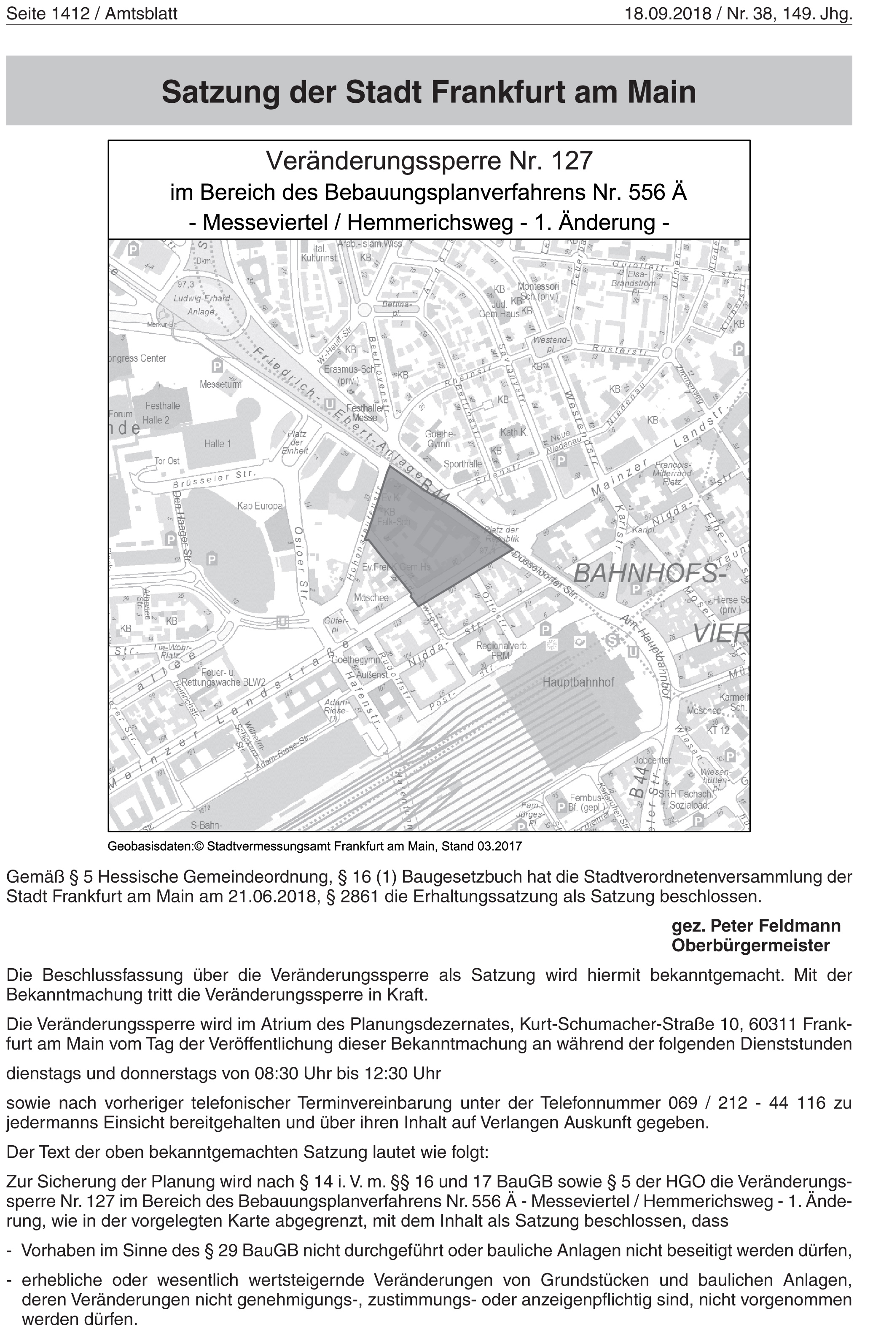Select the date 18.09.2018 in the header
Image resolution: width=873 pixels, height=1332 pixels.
(668, 13)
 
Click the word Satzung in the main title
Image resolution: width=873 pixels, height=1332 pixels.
(220, 92)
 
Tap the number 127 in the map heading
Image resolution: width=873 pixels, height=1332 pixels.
(571, 161)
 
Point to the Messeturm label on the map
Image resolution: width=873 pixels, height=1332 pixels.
(220, 384)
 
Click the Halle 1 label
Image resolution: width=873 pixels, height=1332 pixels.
(218, 444)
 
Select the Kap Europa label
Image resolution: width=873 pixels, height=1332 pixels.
(260, 506)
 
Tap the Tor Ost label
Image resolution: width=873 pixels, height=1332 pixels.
(167, 461)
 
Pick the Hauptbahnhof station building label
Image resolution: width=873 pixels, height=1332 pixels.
(578, 683)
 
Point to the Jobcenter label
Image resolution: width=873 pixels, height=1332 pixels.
(653, 760)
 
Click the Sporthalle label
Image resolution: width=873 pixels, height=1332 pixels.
(463, 464)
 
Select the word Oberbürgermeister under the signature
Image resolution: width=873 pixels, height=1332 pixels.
(750, 945)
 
